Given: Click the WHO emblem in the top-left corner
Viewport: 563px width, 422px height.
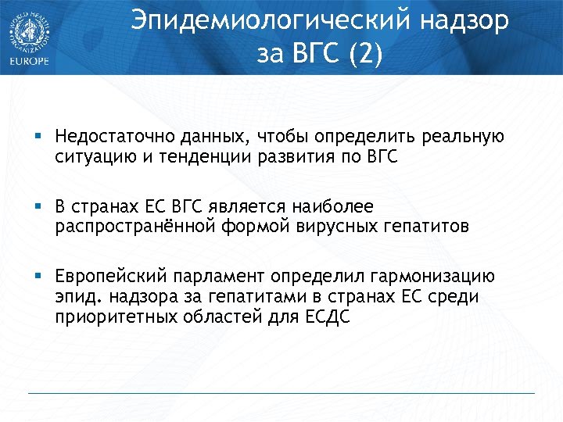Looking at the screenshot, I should pos(28,30).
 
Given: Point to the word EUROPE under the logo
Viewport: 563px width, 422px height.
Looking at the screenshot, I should pos(28,62).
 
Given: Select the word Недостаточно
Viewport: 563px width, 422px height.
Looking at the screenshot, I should pos(107,138).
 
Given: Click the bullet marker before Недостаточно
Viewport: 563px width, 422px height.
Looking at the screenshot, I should pos(38,138).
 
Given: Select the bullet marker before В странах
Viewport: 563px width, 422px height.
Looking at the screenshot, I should pos(38,207).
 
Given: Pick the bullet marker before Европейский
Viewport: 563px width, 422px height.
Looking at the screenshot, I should pos(38,277).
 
